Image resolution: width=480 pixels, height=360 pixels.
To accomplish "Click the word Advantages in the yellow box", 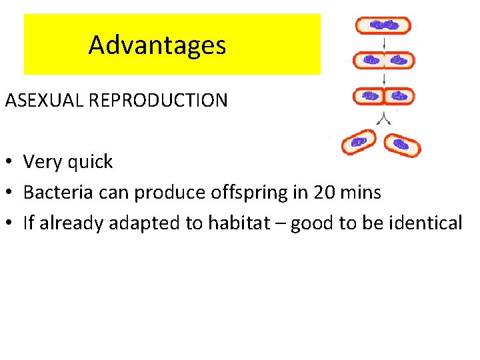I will coord(157,45).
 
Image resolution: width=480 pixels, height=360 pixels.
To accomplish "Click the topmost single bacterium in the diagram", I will coord(383,25).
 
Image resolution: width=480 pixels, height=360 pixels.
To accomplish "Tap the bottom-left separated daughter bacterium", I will coord(359,142).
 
